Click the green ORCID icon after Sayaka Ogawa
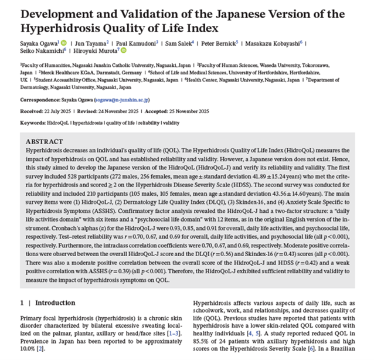pyautogui.click(x=64, y=42)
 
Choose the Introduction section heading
pyautogui.click(x=55, y=303)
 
